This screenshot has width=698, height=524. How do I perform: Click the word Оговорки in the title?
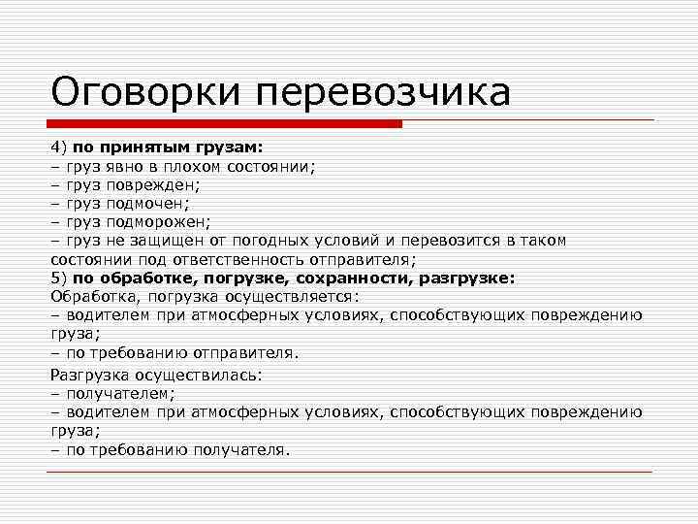click(145, 93)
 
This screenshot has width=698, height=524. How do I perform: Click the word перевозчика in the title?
click(383, 93)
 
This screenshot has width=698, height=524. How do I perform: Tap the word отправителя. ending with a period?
click(252, 351)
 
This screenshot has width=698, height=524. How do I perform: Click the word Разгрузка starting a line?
click(89, 375)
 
